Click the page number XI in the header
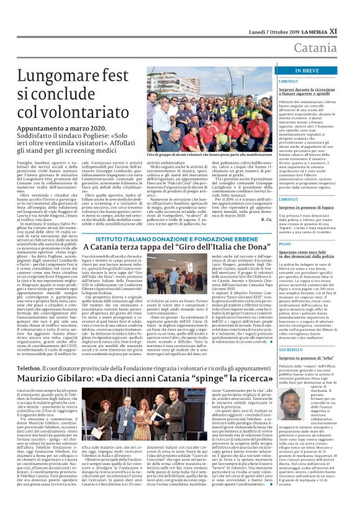click(x=351, y=12)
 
